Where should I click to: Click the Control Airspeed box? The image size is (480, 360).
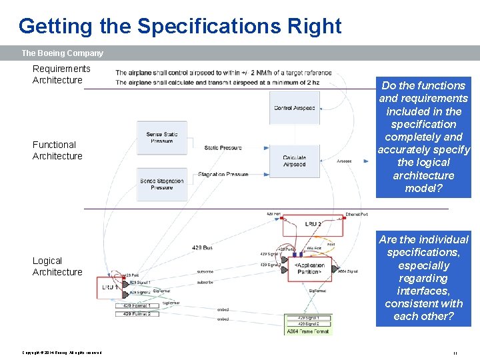point(294,107)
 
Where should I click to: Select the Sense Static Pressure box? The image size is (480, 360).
point(161,138)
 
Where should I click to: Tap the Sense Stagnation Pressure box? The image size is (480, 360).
point(161,184)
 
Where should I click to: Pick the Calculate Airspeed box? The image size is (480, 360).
point(294,161)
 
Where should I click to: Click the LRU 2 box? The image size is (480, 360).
point(312,225)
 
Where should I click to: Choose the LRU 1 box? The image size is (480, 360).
point(108,287)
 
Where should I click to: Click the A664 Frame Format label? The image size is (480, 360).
point(308,331)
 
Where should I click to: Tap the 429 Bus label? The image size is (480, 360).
point(202,248)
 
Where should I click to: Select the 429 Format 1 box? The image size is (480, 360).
point(141,305)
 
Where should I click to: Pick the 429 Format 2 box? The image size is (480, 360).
point(141,313)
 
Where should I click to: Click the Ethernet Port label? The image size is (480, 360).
point(357,215)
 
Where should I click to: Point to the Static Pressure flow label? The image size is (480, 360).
point(223,148)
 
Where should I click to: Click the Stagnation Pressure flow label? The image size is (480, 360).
point(223,175)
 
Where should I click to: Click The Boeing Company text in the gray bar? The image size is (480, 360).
point(63,53)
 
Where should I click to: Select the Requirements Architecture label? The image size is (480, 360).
point(61,74)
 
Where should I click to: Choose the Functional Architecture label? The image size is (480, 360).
point(57,150)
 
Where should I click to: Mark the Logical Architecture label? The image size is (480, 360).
point(57,266)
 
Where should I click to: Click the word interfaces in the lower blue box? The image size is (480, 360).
point(423,291)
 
